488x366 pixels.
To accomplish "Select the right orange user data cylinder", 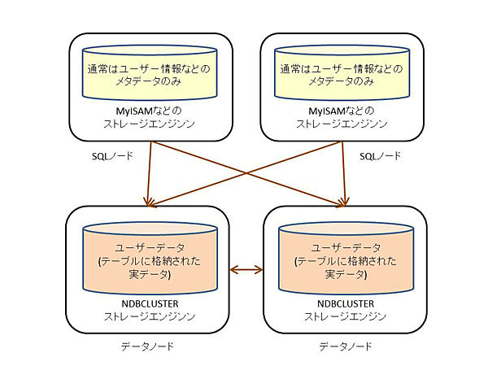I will click(x=340, y=259).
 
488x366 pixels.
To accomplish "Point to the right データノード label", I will click(x=345, y=346).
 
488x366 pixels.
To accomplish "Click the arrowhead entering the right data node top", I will click(x=343, y=199).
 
